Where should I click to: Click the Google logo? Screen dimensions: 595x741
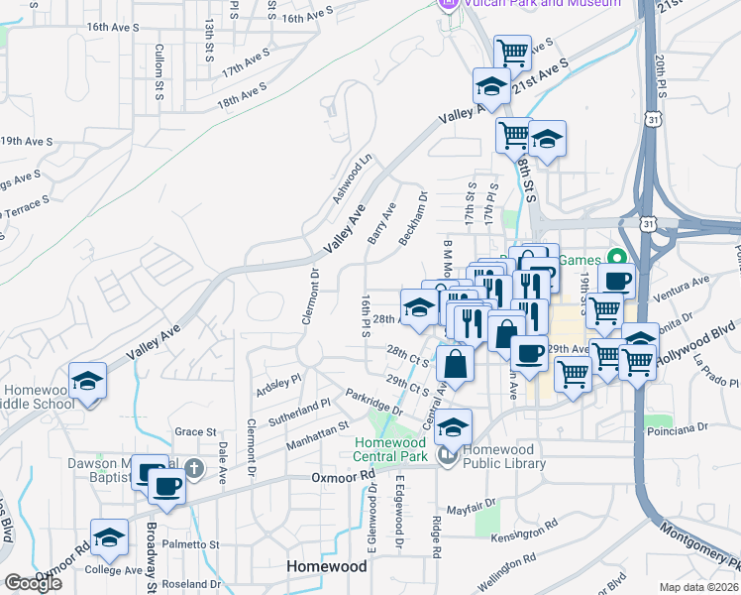tap(33, 583)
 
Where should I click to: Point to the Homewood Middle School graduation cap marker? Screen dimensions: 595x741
tap(88, 382)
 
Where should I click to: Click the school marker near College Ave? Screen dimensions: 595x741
tap(110, 538)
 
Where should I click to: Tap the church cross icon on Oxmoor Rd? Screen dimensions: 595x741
tap(195, 467)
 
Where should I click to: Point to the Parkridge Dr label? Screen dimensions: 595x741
tap(374, 403)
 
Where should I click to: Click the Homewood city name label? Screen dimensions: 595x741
tap(326, 566)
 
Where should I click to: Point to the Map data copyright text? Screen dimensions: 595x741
tap(698, 587)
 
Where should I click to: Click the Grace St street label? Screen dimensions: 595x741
tap(195, 431)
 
